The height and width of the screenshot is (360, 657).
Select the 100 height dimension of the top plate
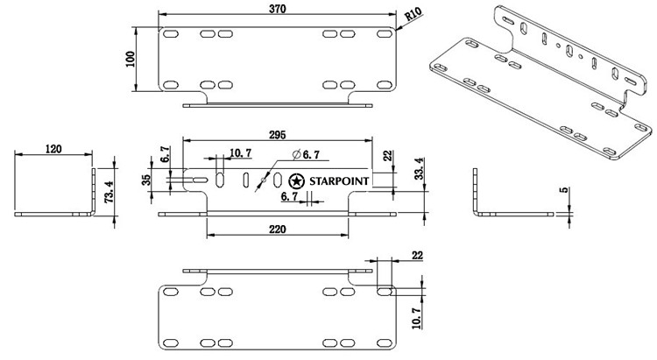[x=131, y=58]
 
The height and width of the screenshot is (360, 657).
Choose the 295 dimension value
[x=278, y=134]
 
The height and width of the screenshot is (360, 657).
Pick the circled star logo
[x=295, y=181]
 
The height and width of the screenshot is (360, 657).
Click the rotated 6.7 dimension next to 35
[x=165, y=155]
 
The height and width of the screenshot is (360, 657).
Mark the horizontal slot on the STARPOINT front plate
[x=199, y=180]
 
